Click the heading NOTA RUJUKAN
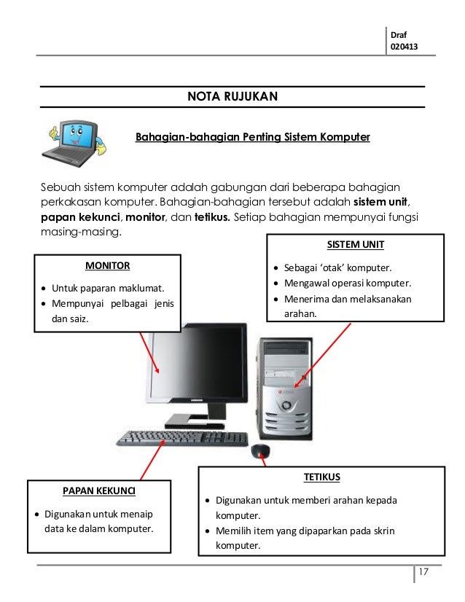coord(232,96)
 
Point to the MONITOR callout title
coord(107,265)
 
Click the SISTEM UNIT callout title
coord(355,244)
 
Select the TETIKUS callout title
coord(321,477)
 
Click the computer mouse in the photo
coord(260,452)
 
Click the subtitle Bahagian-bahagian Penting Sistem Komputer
coord(252,137)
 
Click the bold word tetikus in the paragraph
coord(212,217)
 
